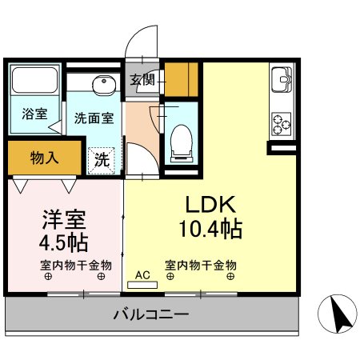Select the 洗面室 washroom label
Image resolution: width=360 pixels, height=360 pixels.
pyautogui.click(x=94, y=118)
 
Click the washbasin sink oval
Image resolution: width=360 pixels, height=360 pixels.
pyautogui.click(x=102, y=86)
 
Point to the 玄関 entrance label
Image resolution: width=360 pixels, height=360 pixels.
pyautogui.click(x=144, y=79)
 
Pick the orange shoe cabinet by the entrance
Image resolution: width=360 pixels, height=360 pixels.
pyautogui.click(x=182, y=80)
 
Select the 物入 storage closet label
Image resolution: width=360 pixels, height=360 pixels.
pyautogui.click(x=44, y=157)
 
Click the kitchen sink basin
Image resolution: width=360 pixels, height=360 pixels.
pyautogui.click(x=282, y=82)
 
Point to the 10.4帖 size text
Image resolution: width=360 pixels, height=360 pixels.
pyautogui.click(x=210, y=230)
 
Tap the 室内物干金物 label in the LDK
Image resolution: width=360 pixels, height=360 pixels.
pyautogui.click(x=200, y=265)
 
